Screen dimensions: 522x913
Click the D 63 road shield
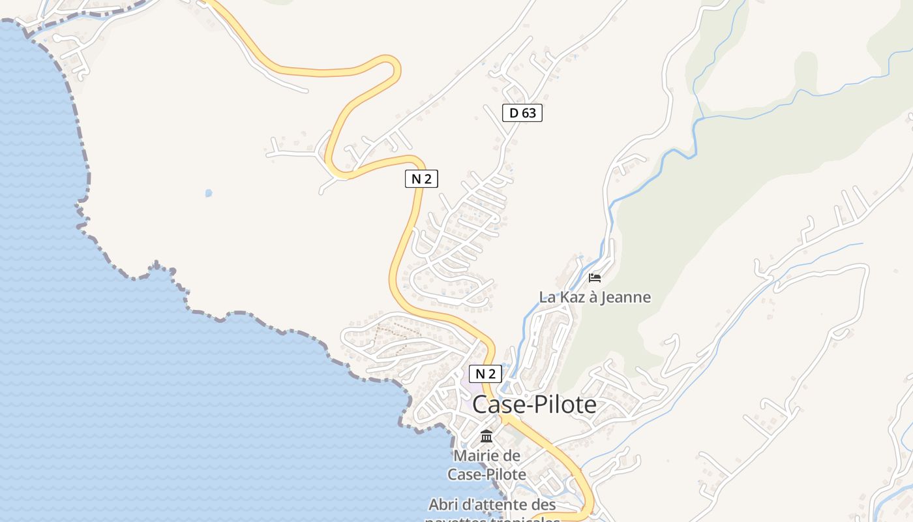point(522,113)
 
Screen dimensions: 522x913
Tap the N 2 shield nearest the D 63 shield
point(421,179)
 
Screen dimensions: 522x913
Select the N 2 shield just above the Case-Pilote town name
point(485,374)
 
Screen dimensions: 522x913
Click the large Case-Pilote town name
point(534,405)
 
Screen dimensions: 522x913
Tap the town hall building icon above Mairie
point(486,436)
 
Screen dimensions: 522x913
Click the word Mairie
point(478,455)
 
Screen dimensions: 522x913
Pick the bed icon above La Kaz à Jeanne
point(595,278)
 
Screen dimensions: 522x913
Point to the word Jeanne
point(625,298)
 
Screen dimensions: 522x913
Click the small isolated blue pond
point(209,193)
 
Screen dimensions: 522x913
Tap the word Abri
point(442,504)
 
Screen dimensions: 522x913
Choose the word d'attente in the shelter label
point(493,504)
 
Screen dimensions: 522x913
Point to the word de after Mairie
point(513,455)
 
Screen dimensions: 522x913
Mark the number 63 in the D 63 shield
point(528,113)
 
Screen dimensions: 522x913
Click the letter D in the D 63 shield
point(514,113)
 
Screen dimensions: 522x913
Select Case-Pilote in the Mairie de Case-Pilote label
point(486,474)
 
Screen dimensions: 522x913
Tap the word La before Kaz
point(547,298)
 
